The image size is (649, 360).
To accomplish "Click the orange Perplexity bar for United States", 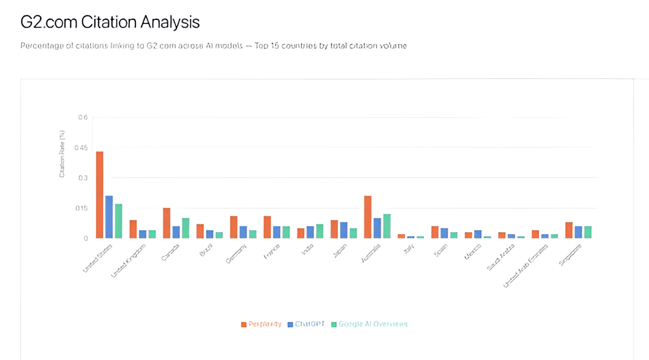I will pos(100,195).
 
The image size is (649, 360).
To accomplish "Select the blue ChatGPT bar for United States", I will pos(109,217).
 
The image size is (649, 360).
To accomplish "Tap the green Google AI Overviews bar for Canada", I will pos(185,228).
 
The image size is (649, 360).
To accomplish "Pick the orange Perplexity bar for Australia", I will pos(367,217).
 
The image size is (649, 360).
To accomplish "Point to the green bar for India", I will pos(320,231).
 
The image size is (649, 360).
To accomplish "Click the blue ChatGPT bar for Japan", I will pos(344,230).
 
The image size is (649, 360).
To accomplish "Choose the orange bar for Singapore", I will pos(569,230).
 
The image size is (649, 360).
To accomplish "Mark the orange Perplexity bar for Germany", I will pos(234,227).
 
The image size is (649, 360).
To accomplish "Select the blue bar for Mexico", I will pos(478,234).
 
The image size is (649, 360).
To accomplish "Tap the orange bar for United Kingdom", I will pos(133,229).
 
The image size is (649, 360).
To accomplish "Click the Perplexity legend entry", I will pos(261,324).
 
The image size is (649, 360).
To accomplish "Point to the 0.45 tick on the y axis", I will pos(82,148).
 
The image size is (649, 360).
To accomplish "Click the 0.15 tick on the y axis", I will pos(82,208).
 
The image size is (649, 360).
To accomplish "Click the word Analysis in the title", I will pos(170,23).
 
